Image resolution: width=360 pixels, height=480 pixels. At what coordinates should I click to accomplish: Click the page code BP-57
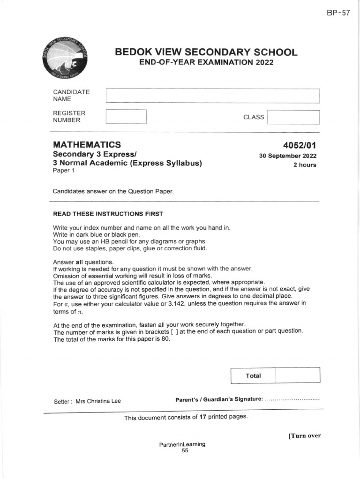338,13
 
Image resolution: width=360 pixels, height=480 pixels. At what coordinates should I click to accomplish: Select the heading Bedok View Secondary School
206,52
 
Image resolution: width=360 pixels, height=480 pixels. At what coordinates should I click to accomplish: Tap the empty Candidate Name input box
213,96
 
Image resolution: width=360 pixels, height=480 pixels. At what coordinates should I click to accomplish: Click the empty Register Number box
126,117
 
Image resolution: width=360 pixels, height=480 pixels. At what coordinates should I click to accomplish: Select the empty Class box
293,117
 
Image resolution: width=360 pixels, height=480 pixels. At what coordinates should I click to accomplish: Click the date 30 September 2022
287,156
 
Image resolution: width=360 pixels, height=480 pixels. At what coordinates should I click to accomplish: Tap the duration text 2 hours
305,165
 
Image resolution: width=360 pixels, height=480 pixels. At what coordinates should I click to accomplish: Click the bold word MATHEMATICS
87,145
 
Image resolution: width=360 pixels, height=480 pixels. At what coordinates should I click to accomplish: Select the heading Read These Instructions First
108,214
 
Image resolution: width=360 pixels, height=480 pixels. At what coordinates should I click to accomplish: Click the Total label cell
253,375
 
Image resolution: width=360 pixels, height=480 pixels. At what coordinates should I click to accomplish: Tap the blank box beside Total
298,375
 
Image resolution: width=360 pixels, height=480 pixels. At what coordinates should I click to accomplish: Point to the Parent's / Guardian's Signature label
219,399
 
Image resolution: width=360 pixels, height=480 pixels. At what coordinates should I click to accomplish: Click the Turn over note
304,435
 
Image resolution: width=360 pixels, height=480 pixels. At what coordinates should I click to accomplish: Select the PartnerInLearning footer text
182,444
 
